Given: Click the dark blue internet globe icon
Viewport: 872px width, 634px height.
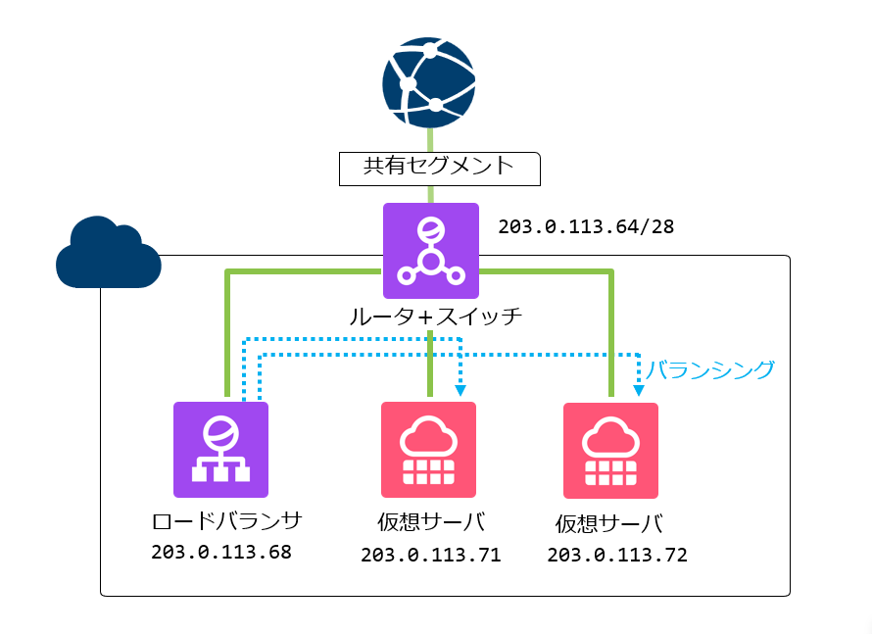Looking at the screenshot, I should coord(429,82).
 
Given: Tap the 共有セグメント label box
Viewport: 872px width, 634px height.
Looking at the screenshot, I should coord(440,168).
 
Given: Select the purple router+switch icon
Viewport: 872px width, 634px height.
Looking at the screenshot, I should coord(430,251).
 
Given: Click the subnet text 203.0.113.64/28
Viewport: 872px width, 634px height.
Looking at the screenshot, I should coord(586,226).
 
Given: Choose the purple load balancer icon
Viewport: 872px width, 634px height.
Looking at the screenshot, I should coord(220,449).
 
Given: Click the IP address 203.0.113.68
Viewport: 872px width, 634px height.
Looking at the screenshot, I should coord(221,552).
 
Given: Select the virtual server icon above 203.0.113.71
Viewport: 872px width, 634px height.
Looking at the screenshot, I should coord(428,449).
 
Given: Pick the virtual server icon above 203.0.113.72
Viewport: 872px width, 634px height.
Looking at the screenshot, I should coord(610,451).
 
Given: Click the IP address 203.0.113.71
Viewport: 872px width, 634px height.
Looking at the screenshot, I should coord(430,556).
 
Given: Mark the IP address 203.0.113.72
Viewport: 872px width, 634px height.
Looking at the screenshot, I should coord(617,556).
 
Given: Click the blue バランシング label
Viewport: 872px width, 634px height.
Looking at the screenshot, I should coord(710,369).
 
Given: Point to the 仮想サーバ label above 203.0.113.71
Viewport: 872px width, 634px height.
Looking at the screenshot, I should coord(430,520).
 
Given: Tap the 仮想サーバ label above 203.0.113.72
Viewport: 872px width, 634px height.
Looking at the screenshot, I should coord(608,523).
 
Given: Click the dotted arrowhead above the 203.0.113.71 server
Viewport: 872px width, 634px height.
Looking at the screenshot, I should coord(460,390).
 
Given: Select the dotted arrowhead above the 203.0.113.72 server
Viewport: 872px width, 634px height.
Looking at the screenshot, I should coord(639,390).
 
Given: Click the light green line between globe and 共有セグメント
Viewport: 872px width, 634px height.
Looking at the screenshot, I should coord(429,139).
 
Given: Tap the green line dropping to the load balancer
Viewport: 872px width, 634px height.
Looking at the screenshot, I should coord(227,333).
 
